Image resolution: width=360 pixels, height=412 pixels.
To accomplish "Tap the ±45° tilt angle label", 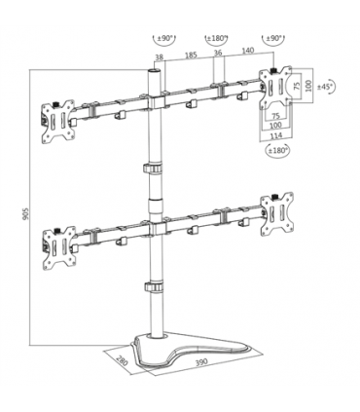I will tap(327, 86).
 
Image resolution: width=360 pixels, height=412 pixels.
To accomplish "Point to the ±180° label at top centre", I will tap(216, 39).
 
